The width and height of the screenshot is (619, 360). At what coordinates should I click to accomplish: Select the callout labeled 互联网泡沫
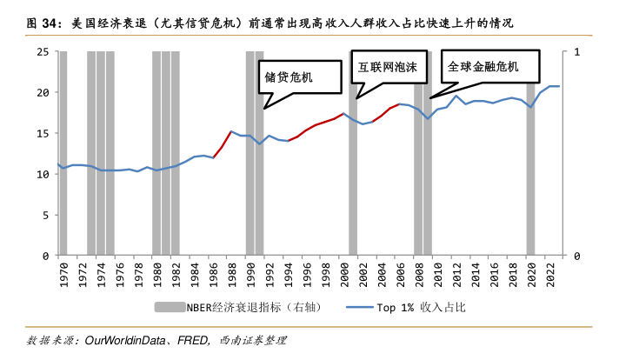[x=389, y=66]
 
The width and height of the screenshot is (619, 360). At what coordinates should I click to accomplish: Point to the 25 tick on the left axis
[x=41, y=51]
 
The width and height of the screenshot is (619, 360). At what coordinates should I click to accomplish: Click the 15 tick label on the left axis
[x=41, y=133]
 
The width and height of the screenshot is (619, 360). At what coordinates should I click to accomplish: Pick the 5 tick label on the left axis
[x=43, y=216]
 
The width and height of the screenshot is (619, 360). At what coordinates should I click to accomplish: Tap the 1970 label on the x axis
[x=63, y=275]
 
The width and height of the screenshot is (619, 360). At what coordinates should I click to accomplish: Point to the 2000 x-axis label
[x=345, y=275]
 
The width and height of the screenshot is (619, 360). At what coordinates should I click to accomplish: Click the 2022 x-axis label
[x=552, y=275]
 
